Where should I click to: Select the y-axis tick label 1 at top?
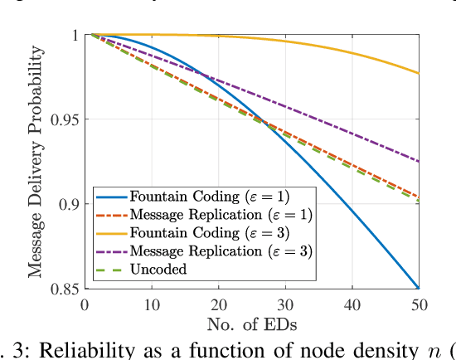[x=74, y=35]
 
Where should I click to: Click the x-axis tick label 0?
[x=85, y=304]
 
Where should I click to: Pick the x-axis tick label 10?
[x=151, y=304]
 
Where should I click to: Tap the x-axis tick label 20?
[x=218, y=304]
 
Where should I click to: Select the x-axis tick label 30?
[x=285, y=304]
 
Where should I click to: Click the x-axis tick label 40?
[x=352, y=304]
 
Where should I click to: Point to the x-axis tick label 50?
[x=419, y=304]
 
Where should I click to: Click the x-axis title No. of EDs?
[x=251, y=323]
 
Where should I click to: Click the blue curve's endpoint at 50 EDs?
[x=419, y=288]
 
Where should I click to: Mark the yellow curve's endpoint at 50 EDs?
[x=419, y=74]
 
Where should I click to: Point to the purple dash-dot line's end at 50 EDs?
[x=419, y=161]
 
